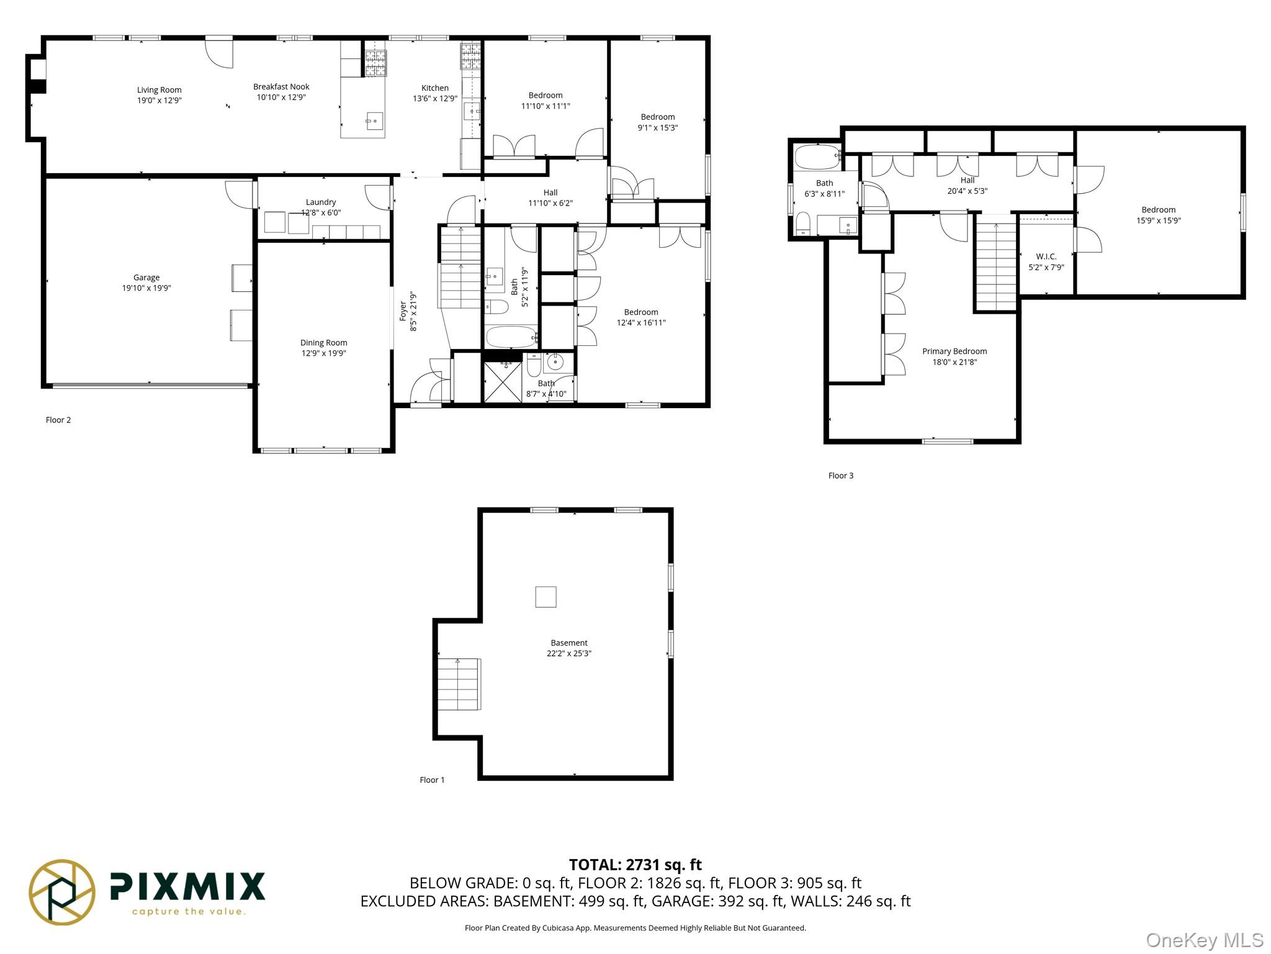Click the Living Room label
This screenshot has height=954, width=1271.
(159, 90)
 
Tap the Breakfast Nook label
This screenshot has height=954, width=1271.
(281, 87)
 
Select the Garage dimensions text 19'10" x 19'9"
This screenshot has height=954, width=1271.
(146, 288)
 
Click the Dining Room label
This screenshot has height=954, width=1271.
(324, 343)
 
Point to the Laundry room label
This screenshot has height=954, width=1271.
(321, 202)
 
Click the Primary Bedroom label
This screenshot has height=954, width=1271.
(954, 352)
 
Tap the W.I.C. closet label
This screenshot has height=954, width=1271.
(1046, 257)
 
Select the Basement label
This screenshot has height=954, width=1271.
(569, 643)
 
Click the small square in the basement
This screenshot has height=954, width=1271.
(546, 597)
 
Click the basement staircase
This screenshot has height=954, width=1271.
(459, 684)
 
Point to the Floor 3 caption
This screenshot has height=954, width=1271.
(841, 476)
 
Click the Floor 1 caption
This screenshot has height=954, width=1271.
(432, 780)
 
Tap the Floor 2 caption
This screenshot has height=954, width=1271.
(58, 420)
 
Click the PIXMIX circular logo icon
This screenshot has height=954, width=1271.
(62, 892)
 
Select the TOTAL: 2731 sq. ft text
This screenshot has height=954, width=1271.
(635, 865)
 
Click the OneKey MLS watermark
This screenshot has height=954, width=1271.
(1205, 940)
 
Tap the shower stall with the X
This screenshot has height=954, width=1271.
(503, 381)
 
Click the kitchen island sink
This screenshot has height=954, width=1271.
(375, 120)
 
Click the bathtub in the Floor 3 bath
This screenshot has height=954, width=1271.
(817, 158)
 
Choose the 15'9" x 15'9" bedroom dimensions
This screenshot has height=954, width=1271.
(1159, 220)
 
